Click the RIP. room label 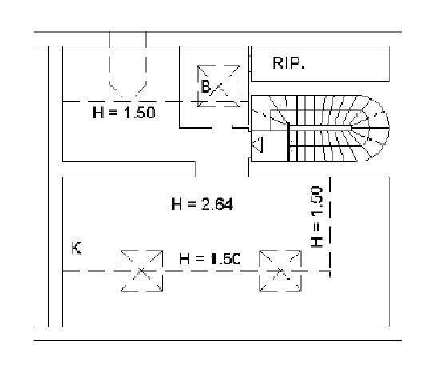(288, 63)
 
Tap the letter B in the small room (206, 86)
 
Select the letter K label (77, 248)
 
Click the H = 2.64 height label (202, 204)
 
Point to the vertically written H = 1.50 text (316, 216)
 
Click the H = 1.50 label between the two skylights (210, 259)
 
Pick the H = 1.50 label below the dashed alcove (124, 113)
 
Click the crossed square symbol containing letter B (219, 86)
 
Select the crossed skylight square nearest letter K (141, 271)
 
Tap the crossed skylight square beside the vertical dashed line (280, 271)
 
